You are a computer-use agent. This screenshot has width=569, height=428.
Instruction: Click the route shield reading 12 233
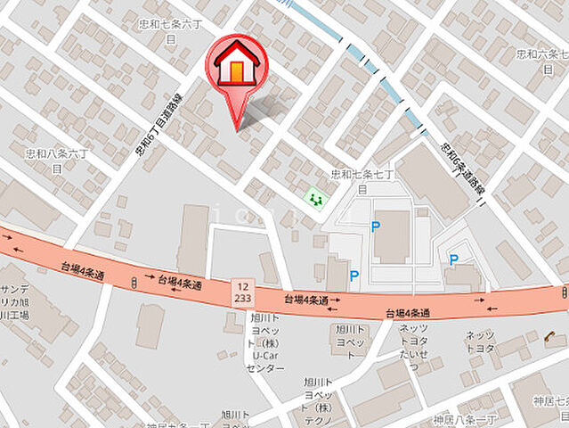(241, 290)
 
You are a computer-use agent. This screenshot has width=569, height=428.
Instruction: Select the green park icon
(314, 199)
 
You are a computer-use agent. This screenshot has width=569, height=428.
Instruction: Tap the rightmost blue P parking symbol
(453, 259)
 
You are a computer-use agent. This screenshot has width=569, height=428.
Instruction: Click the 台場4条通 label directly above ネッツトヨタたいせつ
(408, 313)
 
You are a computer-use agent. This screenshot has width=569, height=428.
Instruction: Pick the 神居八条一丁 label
(461, 418)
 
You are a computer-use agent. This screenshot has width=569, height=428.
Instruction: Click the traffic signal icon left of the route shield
(133, 282)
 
